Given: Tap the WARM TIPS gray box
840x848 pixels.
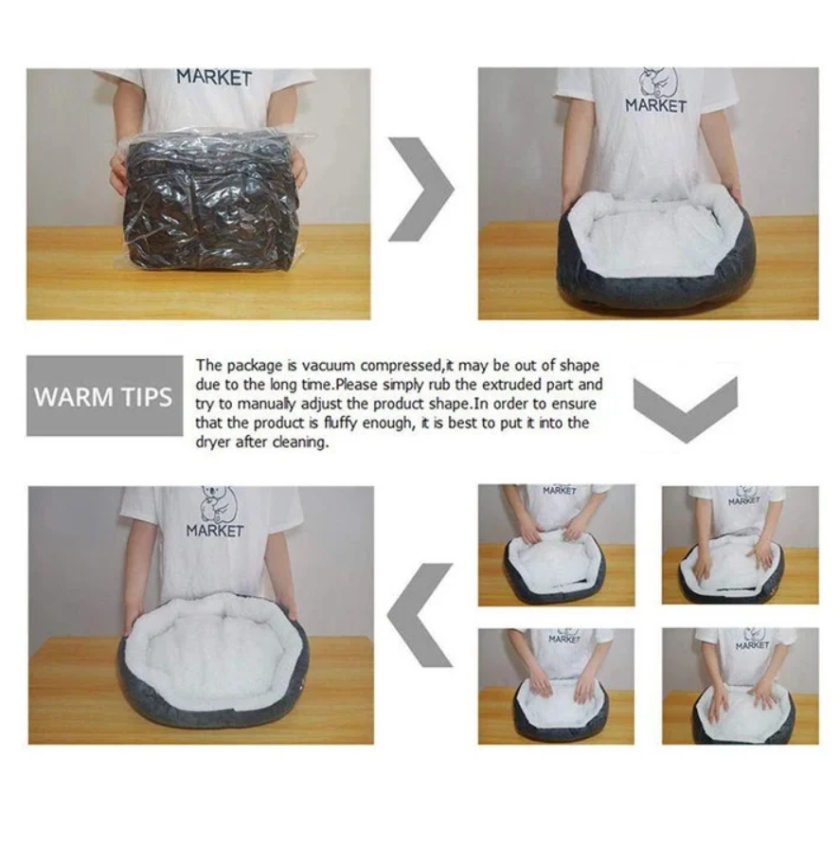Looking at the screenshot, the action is coord(104,396).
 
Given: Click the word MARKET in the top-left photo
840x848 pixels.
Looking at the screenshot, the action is coord(214,78).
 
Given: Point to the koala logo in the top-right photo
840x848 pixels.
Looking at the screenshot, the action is coord(658,81).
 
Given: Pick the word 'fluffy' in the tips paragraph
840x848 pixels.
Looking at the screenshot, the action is coord(341,423).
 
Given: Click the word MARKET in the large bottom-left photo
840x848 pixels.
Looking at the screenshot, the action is coord(215,531).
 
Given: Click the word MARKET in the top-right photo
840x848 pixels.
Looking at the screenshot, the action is coord(655,105).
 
